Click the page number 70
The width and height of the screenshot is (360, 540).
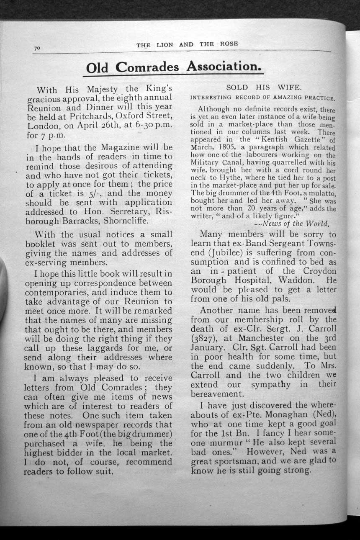(37, 49)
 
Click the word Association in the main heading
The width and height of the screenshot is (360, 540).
(221, 66)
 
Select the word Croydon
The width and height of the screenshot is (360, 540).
(316, 271)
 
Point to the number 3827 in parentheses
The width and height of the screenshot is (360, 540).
(204, 338)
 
